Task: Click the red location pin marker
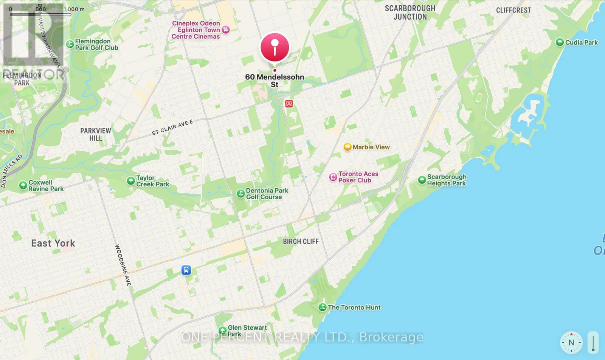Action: (275, 47)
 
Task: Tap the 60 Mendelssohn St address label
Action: (275, 80)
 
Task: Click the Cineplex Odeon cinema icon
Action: (226, 30)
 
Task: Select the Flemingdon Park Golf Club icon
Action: (70, 44)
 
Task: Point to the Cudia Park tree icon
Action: (560, 42)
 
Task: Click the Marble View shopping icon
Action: (347, 147)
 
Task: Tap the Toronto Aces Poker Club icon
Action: (333, 177)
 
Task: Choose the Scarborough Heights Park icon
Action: (422, 180)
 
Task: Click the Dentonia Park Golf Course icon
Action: (240, 194)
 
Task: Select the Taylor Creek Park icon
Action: (131, 181)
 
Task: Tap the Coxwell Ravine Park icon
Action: (23, 185)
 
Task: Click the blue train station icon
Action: (186, 270)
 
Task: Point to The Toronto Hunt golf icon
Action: (322, 307)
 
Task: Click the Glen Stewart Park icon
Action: (222, 331)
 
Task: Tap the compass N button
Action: (571, 343)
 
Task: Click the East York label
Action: (53, 243)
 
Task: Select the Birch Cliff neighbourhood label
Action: (301, 241)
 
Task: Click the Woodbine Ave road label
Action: (123, 265)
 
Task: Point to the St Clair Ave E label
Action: (172, 127)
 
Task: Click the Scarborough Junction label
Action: (410, 12)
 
